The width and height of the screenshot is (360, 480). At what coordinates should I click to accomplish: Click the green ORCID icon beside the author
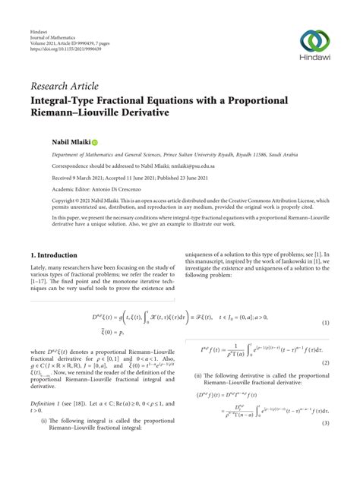click(95, 142)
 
